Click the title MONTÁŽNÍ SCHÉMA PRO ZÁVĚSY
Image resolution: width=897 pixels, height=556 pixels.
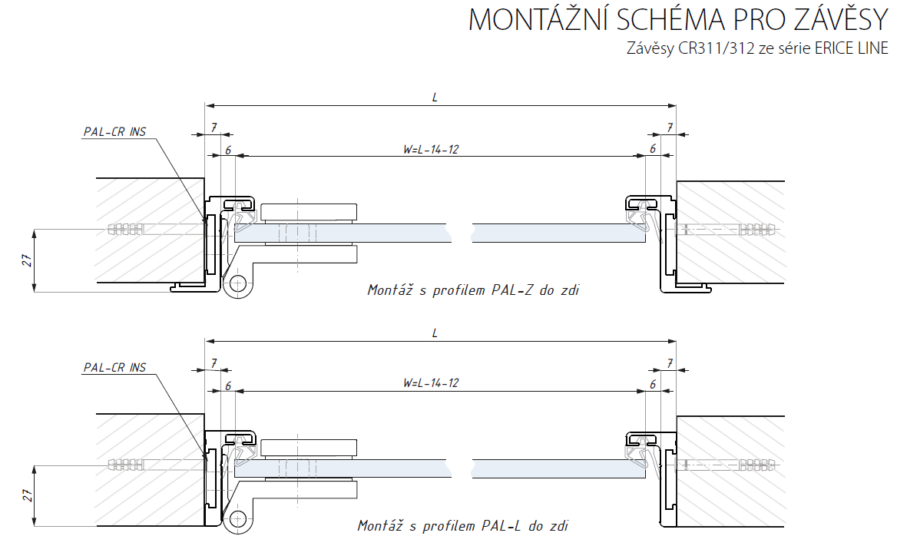pyautogui.click(x=678, y=20)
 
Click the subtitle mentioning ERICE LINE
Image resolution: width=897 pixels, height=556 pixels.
pyautogui.click(x=757, y=49)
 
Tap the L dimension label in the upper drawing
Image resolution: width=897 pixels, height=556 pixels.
pyautogui.click(x=435, y=98)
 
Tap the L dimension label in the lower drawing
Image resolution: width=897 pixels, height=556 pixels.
pyautogui.click(x=435, y=333)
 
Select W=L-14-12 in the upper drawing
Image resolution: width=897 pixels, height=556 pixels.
pyautogui.click(x=431, y=149)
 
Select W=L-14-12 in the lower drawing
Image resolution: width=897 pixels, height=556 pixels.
pyautogui.click(x=431, y=382)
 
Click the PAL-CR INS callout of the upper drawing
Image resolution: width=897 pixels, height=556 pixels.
pyautogui.click(x=114, y=132)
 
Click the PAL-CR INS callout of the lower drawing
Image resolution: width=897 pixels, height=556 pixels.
pyautogui.click(x=114, y=368)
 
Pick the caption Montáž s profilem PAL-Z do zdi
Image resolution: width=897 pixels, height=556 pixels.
pyautogui.click(x=472, y=290)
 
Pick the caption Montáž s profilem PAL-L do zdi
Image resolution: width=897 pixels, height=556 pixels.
pyautogui.click(x=463, y=526)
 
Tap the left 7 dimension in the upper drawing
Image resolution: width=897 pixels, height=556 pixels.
pyautogui.click(x=213, y=127)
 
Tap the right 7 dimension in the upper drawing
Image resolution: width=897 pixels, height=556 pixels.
pyautogui.click(x=670, y=127)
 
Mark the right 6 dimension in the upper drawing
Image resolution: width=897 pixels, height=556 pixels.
pyautogui.click(x=653, y=149)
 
